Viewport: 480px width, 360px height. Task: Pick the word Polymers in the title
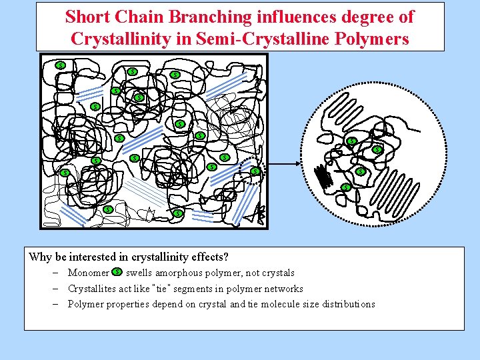pos(375,39)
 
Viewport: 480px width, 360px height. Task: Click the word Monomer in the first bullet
pos(89,273)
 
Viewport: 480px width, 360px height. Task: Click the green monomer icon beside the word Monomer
pos(117,272)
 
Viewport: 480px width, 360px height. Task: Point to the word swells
pos(139,273)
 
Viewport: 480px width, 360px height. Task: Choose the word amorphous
pos(179,273)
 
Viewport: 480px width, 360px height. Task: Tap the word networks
pos(284,289)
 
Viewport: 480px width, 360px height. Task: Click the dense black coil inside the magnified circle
pos(324,177)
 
